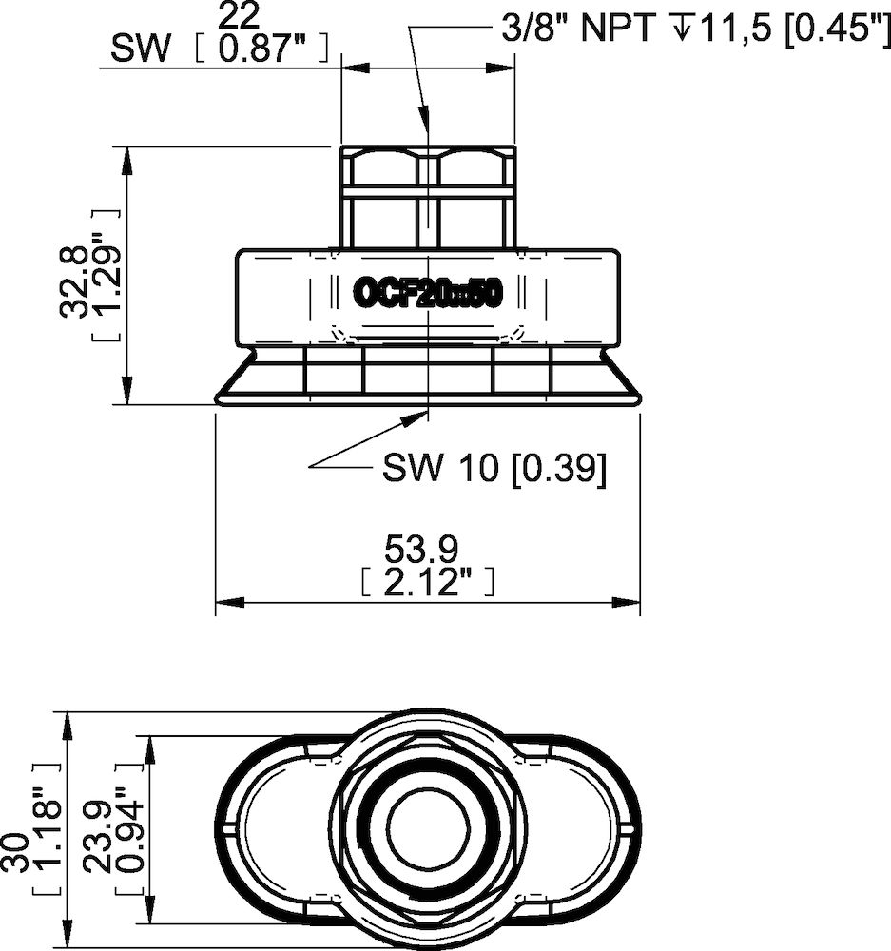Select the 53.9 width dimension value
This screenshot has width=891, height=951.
[x=422, y=549]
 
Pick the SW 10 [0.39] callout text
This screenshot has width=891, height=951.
[x=494, y=467]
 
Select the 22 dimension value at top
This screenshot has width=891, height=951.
[x=239, y=15]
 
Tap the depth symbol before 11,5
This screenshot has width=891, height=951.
[x=681, y=29]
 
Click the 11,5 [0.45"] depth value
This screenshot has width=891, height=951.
[x=788, y=29]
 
